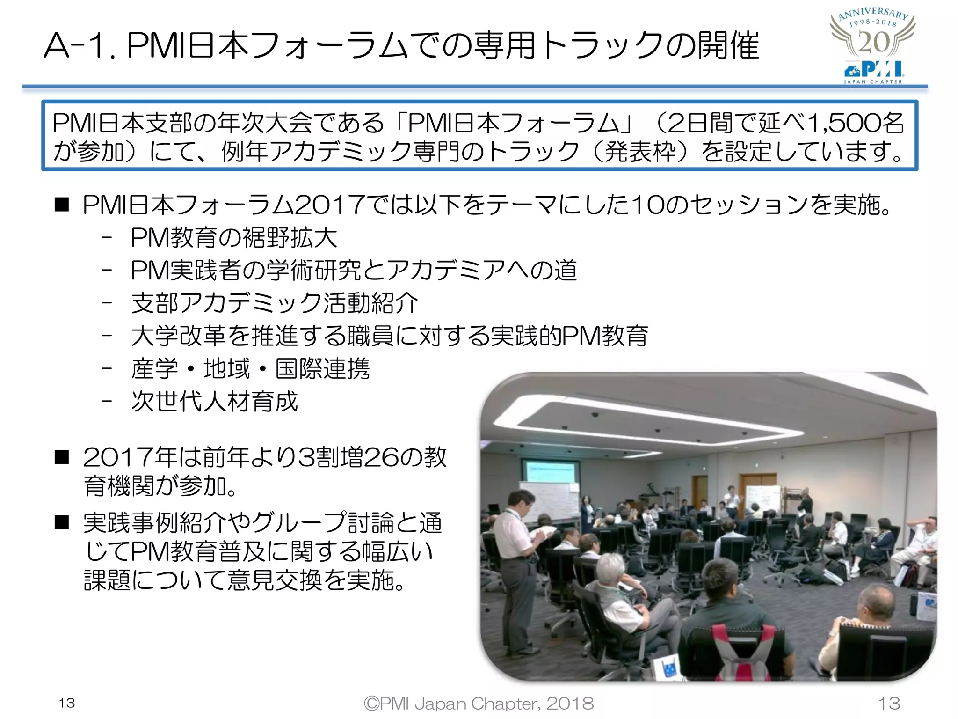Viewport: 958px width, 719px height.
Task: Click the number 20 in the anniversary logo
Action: (873, 43)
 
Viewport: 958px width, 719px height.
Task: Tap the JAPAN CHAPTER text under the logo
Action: (873, 82)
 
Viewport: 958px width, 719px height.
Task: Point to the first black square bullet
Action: (62, 205)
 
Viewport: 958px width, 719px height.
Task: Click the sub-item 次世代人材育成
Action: (214, 402)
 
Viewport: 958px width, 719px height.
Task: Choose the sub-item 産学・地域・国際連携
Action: (251, 369)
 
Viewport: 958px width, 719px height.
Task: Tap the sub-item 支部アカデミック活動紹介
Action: (275, 303)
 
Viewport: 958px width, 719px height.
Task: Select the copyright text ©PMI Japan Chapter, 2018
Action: (479, 703)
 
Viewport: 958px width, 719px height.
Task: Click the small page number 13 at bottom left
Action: (67, 703)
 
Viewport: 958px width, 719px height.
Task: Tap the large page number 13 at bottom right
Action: (889, 703)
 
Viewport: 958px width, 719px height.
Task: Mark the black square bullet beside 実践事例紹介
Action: (62, 522)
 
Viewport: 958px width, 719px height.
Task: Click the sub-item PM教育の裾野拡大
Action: (234, 237)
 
